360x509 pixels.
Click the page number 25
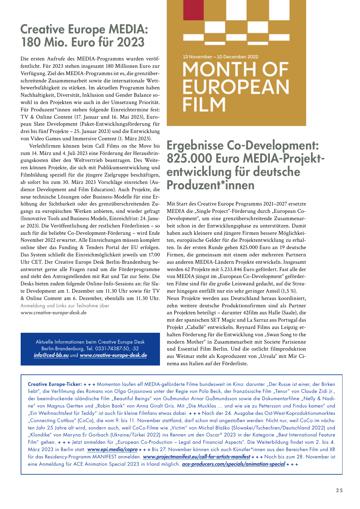339,490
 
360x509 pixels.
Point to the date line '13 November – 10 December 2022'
221,57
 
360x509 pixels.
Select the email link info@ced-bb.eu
51,355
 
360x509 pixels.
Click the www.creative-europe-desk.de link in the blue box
113,355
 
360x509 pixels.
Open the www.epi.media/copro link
112,450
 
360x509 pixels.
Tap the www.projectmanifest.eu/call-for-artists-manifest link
197,457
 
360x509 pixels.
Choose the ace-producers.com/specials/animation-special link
233,464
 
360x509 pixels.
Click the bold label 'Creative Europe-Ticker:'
55,384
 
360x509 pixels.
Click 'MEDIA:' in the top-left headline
128,29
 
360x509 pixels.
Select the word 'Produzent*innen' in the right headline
211,185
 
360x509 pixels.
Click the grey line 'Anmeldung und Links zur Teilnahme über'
65,306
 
